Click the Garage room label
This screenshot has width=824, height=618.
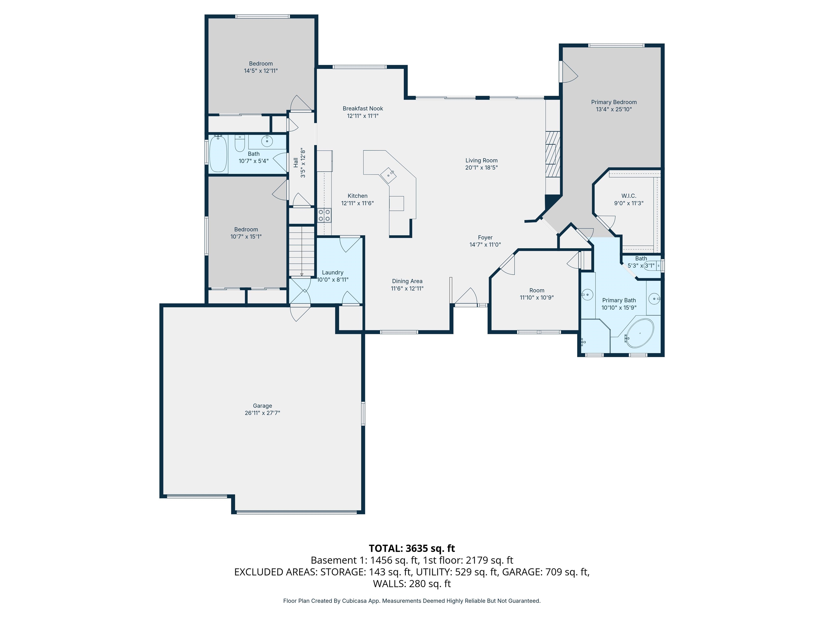[x=262, y=406]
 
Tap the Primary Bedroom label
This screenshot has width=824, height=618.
[x=614, y=102]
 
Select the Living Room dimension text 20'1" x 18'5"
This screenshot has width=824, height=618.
[x=481, y=168]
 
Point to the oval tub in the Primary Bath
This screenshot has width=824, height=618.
[x=640, y=333]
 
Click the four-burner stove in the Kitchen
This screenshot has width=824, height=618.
[x=324, y=215]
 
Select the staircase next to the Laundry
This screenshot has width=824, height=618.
[x=302, y=251]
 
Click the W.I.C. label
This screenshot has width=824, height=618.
[x=629, y=196]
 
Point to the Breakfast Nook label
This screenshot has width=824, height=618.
[x=363, y=108]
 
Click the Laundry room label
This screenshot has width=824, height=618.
[x=333, y=272]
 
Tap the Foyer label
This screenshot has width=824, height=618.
[x=485, y=237]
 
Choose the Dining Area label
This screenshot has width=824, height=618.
[x=407, y=281]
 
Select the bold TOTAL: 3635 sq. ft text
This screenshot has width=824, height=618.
[x=412, y=548]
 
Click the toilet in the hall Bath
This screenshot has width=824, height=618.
[x=240, y=143]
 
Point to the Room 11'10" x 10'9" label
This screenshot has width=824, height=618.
[x=537, y=294]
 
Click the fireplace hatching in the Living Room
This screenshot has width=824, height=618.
[x=553, y=154]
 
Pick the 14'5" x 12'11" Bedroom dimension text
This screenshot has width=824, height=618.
[x=261, y=71]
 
